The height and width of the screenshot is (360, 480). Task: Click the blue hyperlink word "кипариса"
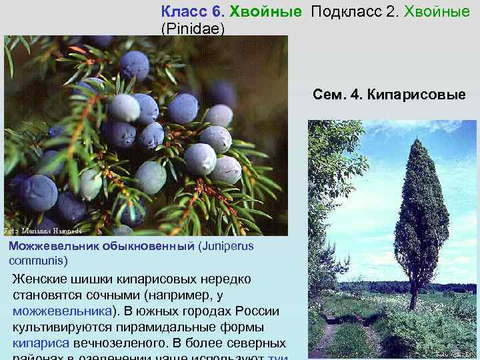point(41,343)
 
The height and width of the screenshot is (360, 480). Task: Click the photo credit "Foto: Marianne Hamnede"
point(43,231)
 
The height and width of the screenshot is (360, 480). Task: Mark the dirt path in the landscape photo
point(327,337)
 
